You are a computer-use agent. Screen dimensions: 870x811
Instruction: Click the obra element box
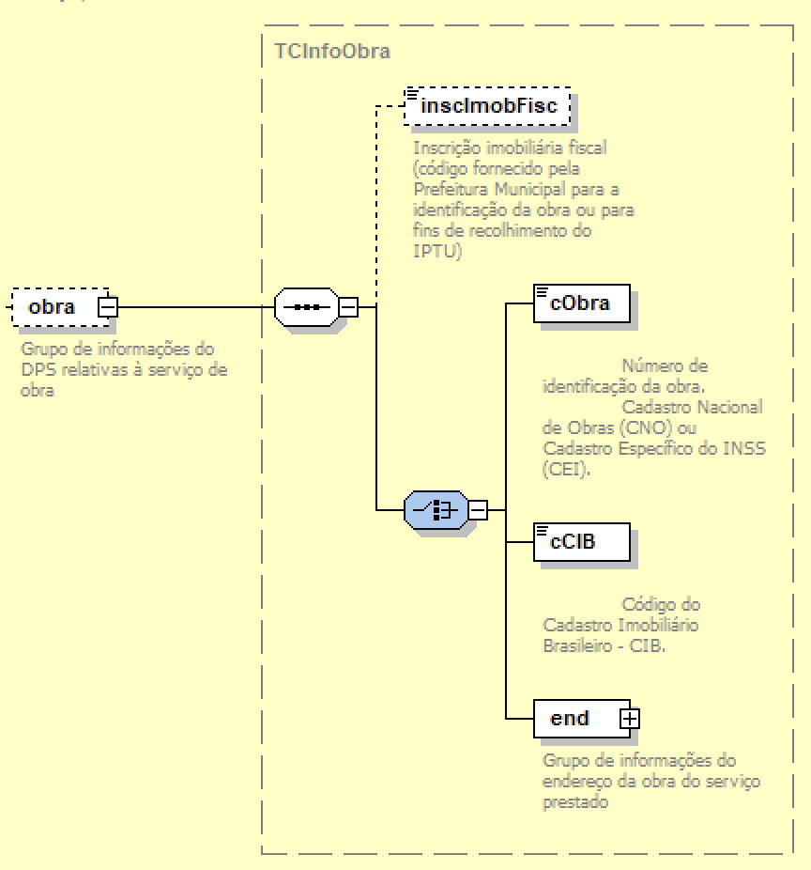53,306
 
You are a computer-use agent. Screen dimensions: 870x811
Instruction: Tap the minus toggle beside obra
108,306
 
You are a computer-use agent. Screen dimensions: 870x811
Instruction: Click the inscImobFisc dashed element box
487,106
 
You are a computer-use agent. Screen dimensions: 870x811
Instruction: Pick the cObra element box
581,303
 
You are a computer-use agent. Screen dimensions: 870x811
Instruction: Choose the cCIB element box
581,541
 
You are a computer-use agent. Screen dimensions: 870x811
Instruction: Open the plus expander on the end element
629,719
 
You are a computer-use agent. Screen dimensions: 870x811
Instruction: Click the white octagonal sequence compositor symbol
306,306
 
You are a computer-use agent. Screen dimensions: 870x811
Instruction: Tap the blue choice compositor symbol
436,510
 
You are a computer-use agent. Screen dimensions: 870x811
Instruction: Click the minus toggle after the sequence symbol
348,306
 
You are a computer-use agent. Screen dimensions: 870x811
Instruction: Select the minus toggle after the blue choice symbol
478,510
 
